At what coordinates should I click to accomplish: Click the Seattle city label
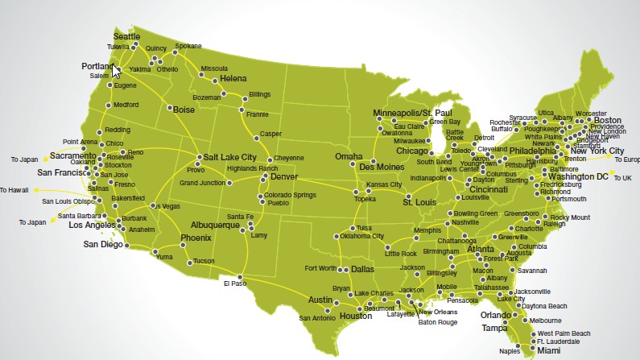(126, 37)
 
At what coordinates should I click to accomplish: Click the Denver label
(284, 176)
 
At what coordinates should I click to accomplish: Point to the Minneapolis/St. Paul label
(414, 112)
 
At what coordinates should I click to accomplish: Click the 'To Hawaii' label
(14, 190)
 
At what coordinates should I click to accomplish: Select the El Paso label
(233, 283)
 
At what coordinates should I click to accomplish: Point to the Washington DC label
(580, 176)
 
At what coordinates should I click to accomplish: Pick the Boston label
(608, 120)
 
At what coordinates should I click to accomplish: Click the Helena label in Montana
(233, 79)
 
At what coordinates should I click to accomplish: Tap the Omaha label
(349, 156)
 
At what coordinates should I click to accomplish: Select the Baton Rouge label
(436, 322)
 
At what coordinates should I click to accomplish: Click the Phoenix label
(196, 238)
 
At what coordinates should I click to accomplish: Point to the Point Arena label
(80, 142)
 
